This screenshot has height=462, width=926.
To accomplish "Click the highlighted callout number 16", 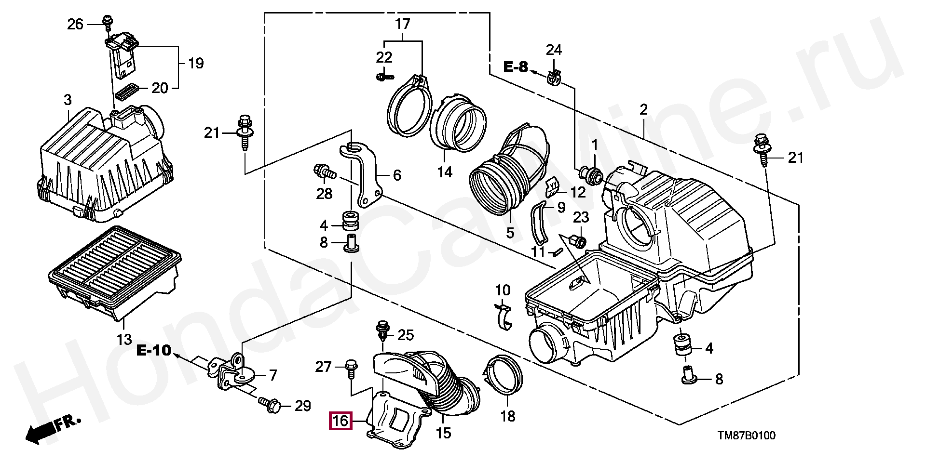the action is tap(340, 421).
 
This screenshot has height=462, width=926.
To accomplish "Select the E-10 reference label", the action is tap(154, 350).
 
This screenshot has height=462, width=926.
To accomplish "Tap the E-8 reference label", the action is tap(516, 67).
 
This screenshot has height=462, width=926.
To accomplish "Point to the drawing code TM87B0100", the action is tap(747, 436).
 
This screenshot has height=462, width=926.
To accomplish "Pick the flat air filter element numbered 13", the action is tap(115, 273).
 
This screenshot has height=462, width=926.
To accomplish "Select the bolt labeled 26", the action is tap(106, 22).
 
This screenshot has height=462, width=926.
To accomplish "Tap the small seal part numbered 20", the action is tap(128, 91).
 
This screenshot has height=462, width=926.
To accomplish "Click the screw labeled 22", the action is tap(384, 76).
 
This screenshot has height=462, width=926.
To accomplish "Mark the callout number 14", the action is tap(445, 172).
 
